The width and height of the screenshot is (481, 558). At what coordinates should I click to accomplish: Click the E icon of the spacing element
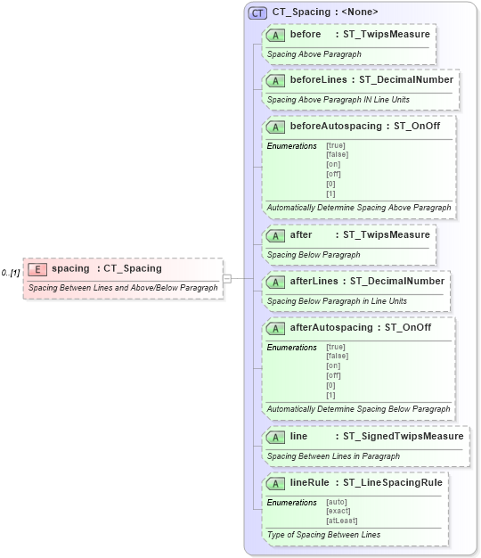click(38, 268)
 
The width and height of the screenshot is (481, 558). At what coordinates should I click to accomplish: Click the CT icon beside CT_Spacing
click(258, 12)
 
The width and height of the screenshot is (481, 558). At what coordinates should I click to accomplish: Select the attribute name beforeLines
click(318, 79)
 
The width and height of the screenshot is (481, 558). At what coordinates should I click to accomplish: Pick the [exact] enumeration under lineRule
click(338, 512)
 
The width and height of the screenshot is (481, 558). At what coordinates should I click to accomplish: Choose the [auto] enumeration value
click(337, 503)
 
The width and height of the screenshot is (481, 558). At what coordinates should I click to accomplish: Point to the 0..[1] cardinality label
click(11, 272)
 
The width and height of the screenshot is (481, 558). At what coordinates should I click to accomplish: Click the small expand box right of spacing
click(227, 278)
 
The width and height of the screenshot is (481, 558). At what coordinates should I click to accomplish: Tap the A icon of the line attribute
click(277, 437)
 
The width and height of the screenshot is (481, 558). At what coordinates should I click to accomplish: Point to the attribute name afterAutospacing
click(331, 327)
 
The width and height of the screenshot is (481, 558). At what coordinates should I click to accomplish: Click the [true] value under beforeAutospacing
click(336, 145)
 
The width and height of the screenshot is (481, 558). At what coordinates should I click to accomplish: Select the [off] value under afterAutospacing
click(333, 375)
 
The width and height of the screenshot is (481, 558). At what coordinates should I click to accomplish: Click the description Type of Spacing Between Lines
click(323, 535)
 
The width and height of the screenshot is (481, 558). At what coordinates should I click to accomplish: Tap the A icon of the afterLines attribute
click(277, 282)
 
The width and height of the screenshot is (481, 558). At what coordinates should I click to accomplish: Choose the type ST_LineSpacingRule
click(393, 482)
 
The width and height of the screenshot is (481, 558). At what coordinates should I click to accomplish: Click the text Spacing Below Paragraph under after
click(314, 255)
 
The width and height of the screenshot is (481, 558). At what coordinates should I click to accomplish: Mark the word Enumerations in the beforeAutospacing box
click(291, 145)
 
